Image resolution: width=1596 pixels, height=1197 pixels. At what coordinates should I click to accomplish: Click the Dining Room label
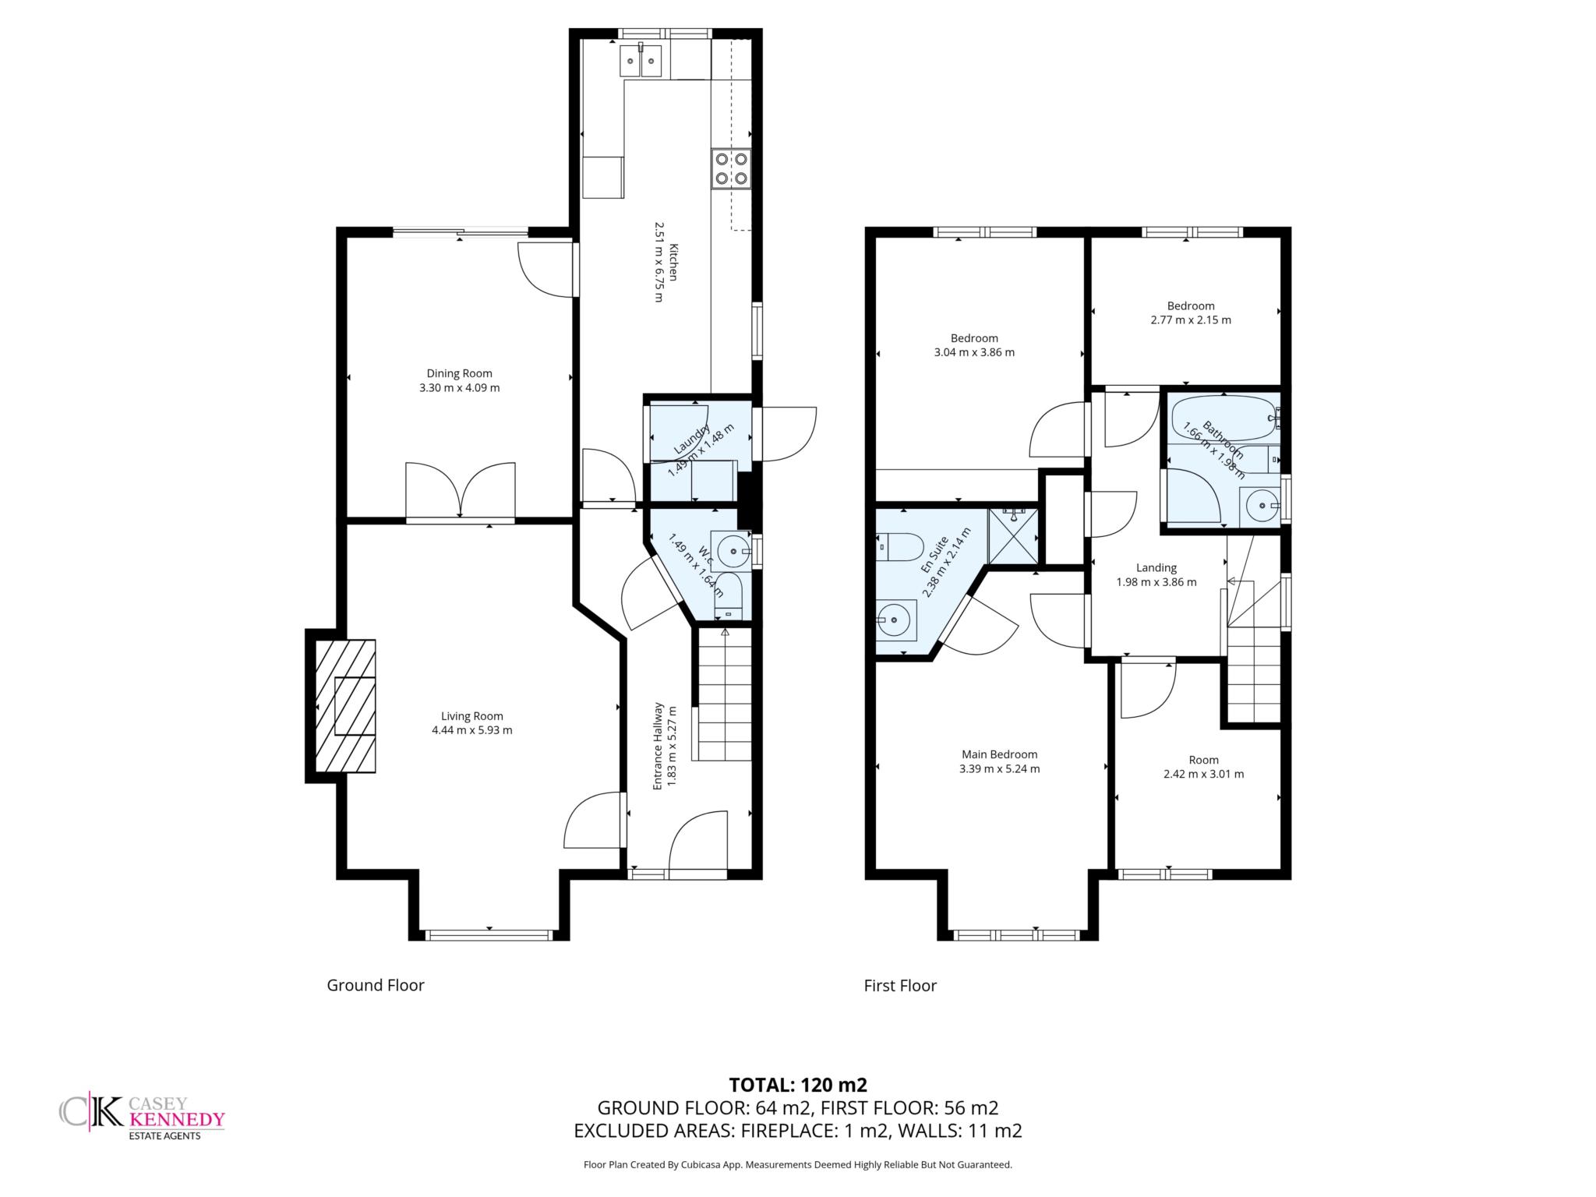click(459, 373)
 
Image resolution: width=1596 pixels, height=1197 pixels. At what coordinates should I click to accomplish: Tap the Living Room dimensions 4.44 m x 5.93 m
click(471, 730)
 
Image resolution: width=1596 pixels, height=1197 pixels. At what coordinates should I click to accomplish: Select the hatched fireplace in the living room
click(344, 706)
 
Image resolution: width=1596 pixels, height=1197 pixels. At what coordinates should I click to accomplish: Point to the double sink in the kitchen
click(641, 61)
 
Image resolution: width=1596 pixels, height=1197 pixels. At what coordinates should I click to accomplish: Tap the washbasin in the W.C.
click(731, 552)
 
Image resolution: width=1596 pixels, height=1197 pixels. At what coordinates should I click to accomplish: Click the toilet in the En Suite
click(900, 548)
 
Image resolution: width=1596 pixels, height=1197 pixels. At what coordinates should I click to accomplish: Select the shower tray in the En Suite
click(1014, 536)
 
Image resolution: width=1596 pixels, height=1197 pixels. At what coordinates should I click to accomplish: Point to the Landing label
click(1156, 568)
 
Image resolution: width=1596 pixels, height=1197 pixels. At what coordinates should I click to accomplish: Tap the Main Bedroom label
click(999, 754)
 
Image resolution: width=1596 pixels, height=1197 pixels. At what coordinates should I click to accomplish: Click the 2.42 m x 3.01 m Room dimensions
click(1203, 774)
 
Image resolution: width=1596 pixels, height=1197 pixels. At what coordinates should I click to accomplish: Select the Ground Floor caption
click(376, 985)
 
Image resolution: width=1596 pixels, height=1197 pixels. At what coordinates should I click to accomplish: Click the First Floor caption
click(900, 985)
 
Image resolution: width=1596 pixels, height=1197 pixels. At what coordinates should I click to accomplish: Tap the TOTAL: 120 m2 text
click(798, 1085)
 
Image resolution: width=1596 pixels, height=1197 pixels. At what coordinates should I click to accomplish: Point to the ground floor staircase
click(724, 695)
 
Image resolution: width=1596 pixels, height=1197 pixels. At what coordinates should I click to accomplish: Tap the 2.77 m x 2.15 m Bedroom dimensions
click(1191, 320)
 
